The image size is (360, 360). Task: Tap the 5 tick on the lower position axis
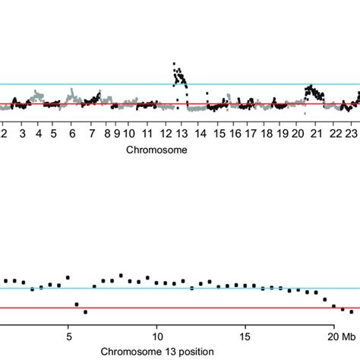point(68,336)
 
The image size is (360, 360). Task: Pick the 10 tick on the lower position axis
point(157,336)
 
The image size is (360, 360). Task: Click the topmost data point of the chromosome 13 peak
point(175,64)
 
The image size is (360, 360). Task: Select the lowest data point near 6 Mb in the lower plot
point(86,311)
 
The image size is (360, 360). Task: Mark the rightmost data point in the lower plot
point(352,311)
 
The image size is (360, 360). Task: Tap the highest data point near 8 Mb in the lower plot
point(121,275)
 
